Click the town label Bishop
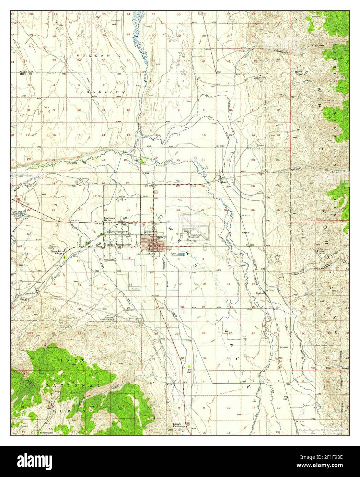pyautogui.click(x=161, y=237)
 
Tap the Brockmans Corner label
pyautogui.click(x=112, y=220)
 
